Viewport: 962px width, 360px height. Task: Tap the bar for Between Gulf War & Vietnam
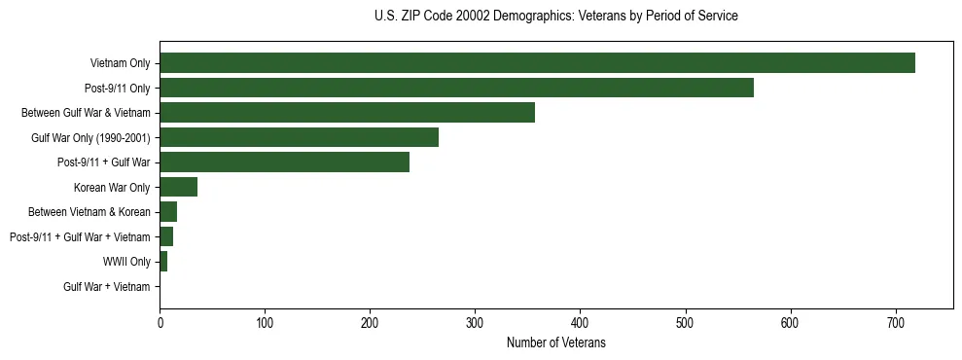tap(347, 113)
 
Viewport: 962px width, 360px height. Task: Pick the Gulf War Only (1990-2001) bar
tap(300, 137)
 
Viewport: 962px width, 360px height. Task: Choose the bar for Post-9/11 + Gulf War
tap(285, 162)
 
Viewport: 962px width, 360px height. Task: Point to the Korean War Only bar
tap(179, 187)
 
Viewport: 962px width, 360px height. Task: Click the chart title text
tap(555, 17)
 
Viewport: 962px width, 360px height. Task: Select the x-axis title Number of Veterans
tap(555, 343)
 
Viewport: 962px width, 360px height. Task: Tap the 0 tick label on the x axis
tap(160, 323)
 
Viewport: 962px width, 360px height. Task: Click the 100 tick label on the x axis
tap(266, 323)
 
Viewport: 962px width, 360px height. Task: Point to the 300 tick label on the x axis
tap(476, 323)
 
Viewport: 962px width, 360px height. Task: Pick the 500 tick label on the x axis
tap(686, 323)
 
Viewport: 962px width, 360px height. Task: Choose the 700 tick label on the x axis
tap(896, 323)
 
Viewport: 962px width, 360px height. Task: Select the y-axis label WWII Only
tap(126, 262)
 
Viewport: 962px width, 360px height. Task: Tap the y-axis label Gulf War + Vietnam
tap(107, 287)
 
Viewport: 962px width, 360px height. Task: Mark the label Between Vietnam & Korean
tap(89, 212)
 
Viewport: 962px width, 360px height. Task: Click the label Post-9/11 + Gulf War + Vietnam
tap(80, 237)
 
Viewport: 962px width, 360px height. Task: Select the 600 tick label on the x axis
tap(791, 323)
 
